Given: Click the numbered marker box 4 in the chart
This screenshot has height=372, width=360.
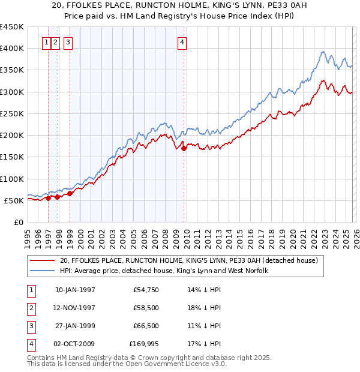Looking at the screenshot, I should (x=182, y=43).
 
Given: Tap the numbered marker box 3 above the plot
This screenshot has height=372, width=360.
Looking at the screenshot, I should (x=68, y=43).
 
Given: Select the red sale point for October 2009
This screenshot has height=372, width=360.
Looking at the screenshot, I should (x=184, y=148).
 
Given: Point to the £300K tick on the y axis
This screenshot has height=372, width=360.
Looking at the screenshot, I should (x=13, y=92).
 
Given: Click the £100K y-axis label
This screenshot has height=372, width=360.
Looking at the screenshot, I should (x=13, y=179).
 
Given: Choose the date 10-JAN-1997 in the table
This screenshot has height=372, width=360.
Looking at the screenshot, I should (x=75, y=290).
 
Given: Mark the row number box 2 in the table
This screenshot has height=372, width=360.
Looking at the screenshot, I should (x=29, y=308).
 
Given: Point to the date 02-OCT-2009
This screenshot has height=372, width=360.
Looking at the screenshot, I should (x=75, y=344).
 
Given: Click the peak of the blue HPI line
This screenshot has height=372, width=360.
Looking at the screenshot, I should (x=323, y=52).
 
